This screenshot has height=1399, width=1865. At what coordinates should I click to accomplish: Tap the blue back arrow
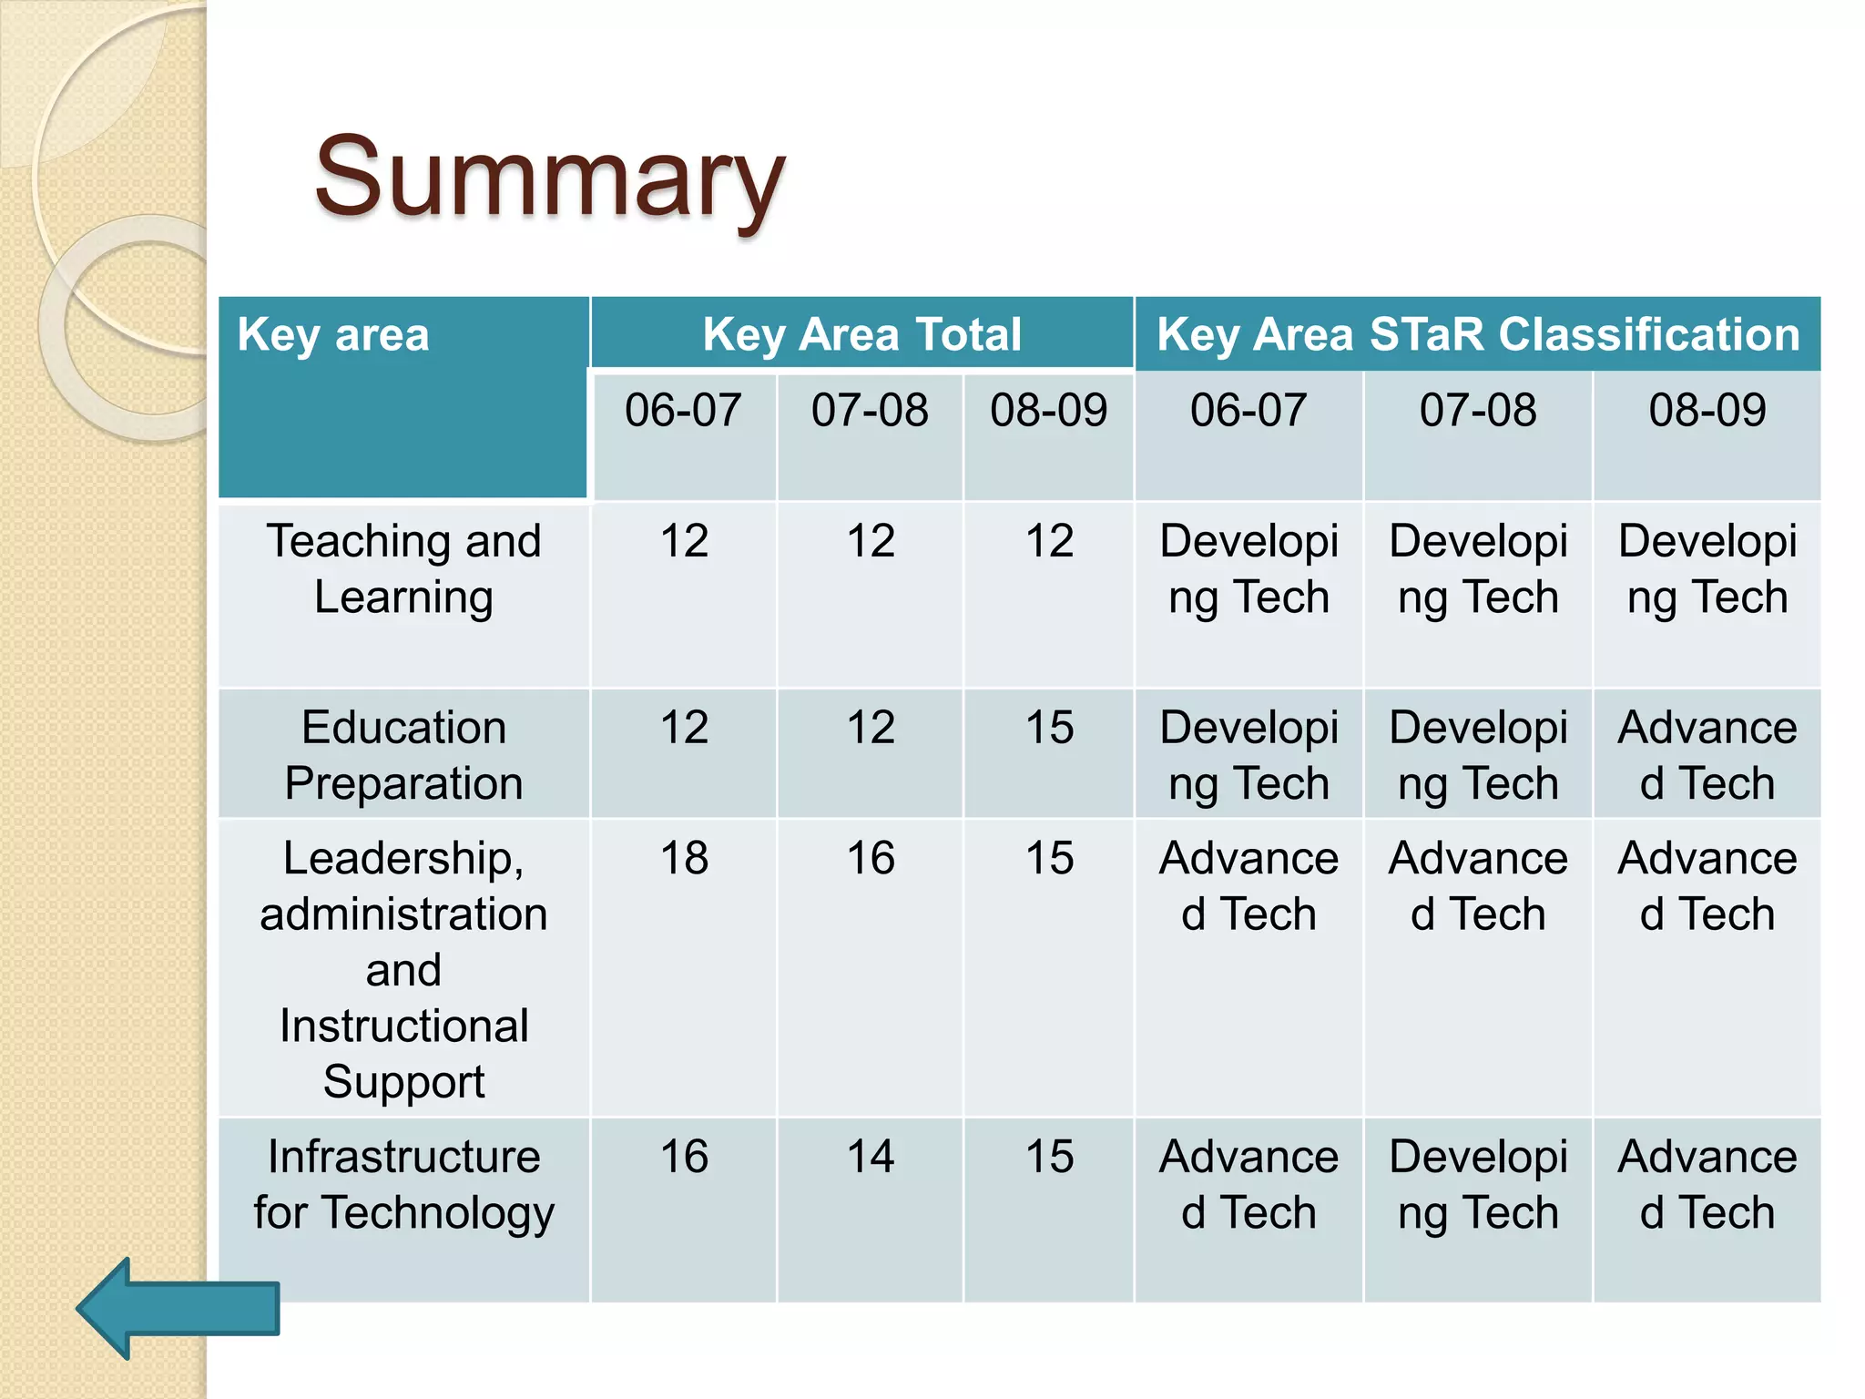pyautogui.click(x=178, y=1309)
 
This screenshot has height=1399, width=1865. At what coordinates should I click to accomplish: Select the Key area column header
pyautogui.click(x=333, y=334)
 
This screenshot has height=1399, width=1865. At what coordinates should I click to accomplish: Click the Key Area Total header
pyautogui.click(x=861, y=334)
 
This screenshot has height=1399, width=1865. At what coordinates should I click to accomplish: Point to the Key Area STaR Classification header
pyautogui.click(x=1477, y=334)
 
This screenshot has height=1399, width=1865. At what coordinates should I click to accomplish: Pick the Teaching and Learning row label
pyautogui.click(x=403, y=569)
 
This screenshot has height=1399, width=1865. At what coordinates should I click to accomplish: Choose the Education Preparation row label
pyautogui.click(x=403, y=755)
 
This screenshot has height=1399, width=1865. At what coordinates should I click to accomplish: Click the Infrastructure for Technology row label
pyautogui.click(x=403, y=1184)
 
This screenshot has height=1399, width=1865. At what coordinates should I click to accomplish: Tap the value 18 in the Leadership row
pyautogui.click(x=684, y=858)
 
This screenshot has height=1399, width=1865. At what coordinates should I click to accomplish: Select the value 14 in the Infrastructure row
pyautogui.click(x=870, y=1157)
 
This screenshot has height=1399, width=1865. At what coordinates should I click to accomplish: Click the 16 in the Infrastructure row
pyautogui.click(x=684, y=1157)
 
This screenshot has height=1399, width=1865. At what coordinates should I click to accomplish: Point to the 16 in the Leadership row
pyautogui.click(x=870, y=858)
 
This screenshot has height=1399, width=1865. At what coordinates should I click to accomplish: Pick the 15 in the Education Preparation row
pyautogui.click(x=1049, y=728)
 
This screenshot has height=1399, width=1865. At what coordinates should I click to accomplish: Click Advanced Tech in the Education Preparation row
pyautogui.click(x=1707, y=755)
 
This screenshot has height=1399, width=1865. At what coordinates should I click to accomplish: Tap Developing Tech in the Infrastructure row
pyautogui.click(x=1477, y=1184)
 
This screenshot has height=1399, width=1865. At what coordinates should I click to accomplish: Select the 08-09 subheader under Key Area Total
pyautogui.click(x=1049, y=410)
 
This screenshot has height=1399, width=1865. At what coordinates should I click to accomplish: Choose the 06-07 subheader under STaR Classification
pyautogui.click(x=1248, y=410)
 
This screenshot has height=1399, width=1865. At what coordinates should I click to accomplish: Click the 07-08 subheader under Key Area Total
pyautogui.click(x=870, y=410)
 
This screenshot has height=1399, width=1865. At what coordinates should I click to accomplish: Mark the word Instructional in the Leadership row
pyautogui.click(x=403, y=1026)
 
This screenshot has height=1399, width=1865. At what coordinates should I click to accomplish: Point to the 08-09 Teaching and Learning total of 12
pyautogui.click(x=1049, y=541)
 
